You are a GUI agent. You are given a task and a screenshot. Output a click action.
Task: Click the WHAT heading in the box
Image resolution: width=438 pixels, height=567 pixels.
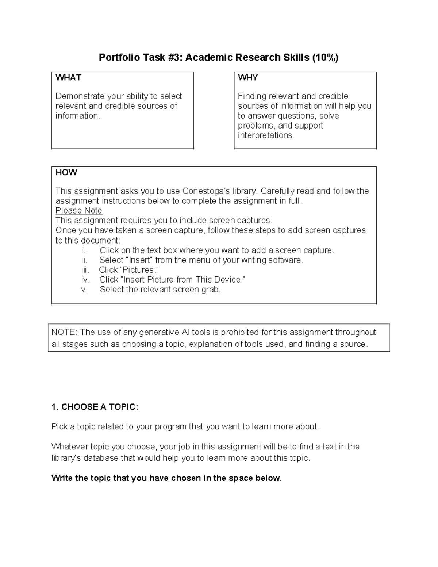68,77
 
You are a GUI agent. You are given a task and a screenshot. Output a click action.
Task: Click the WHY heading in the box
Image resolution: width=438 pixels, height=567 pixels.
248,77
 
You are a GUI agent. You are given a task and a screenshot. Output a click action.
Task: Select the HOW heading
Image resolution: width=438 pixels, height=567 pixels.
66,172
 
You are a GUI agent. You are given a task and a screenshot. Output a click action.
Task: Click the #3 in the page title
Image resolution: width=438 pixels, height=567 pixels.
175,58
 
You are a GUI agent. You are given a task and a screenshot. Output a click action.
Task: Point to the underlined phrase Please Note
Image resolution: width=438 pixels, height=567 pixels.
78,211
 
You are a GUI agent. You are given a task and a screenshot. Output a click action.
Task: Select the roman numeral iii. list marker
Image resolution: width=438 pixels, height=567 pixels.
85,270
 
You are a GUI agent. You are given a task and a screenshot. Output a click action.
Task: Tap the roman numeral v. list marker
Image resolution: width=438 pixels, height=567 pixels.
85,290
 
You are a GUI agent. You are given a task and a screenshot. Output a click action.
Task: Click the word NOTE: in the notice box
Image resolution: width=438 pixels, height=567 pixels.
64,332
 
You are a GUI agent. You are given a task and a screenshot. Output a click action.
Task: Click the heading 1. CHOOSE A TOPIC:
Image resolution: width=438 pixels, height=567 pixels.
95,407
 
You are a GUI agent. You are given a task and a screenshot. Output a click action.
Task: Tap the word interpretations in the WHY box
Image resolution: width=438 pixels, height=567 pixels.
265,135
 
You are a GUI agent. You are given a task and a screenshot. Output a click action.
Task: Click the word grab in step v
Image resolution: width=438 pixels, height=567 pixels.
211,290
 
